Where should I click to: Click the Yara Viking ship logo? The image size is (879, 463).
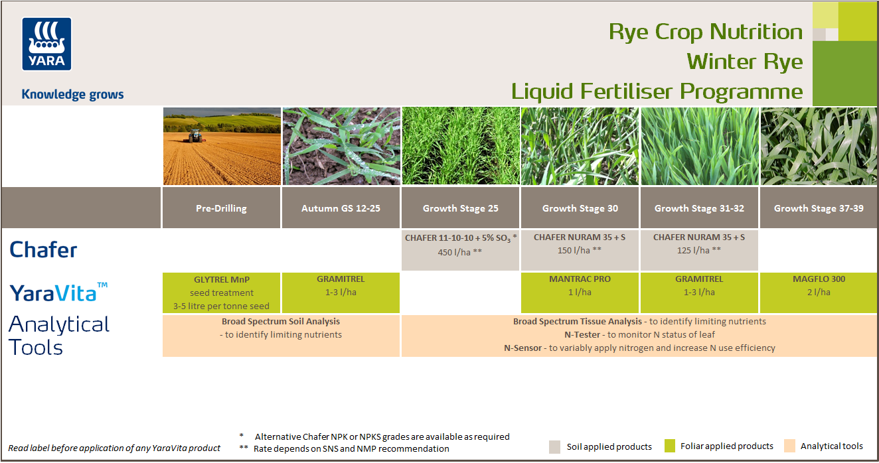coord(46,44)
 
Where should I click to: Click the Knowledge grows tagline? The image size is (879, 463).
coord(72,94)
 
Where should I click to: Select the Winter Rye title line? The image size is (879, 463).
coord(744,62)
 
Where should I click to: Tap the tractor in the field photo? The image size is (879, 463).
coord(195,135)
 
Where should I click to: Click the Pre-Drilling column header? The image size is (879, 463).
coord(221,208)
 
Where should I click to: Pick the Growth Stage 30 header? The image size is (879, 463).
coord(580,208)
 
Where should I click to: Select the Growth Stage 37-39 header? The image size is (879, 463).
coord(818,208)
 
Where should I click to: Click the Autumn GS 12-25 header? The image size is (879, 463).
coord(341,208)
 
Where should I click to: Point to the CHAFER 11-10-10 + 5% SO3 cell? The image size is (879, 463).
coord(460,245)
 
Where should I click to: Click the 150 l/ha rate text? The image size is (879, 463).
coord(580,251)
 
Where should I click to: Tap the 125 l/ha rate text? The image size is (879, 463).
coord(698,251)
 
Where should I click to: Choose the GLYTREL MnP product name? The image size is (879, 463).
coord(221,279)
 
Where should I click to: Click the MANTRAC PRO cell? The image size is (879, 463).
coord(580,286)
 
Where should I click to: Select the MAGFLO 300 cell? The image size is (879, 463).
coord(818,286)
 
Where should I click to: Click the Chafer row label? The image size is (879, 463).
coord(43,250)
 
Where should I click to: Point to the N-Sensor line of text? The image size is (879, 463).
coord(639,348)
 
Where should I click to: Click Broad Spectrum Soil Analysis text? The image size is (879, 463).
coord(280,321)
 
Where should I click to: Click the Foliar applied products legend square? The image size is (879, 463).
coord(669,446)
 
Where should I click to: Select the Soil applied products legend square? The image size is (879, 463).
coord(555,446)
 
